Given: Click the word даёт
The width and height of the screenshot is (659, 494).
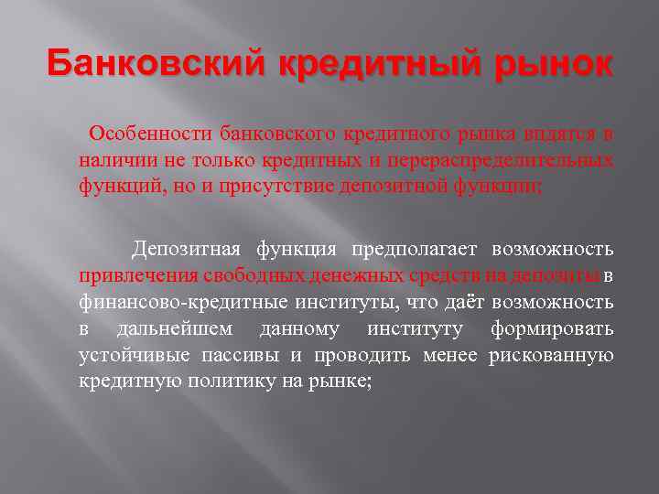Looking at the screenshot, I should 466,302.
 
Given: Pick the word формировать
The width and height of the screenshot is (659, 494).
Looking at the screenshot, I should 552,328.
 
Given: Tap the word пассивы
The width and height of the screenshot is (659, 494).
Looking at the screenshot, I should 248,355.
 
